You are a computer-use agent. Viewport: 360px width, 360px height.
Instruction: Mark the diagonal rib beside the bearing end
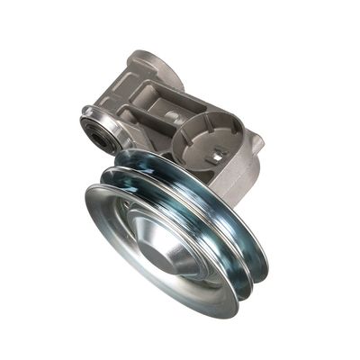coord(121,118)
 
